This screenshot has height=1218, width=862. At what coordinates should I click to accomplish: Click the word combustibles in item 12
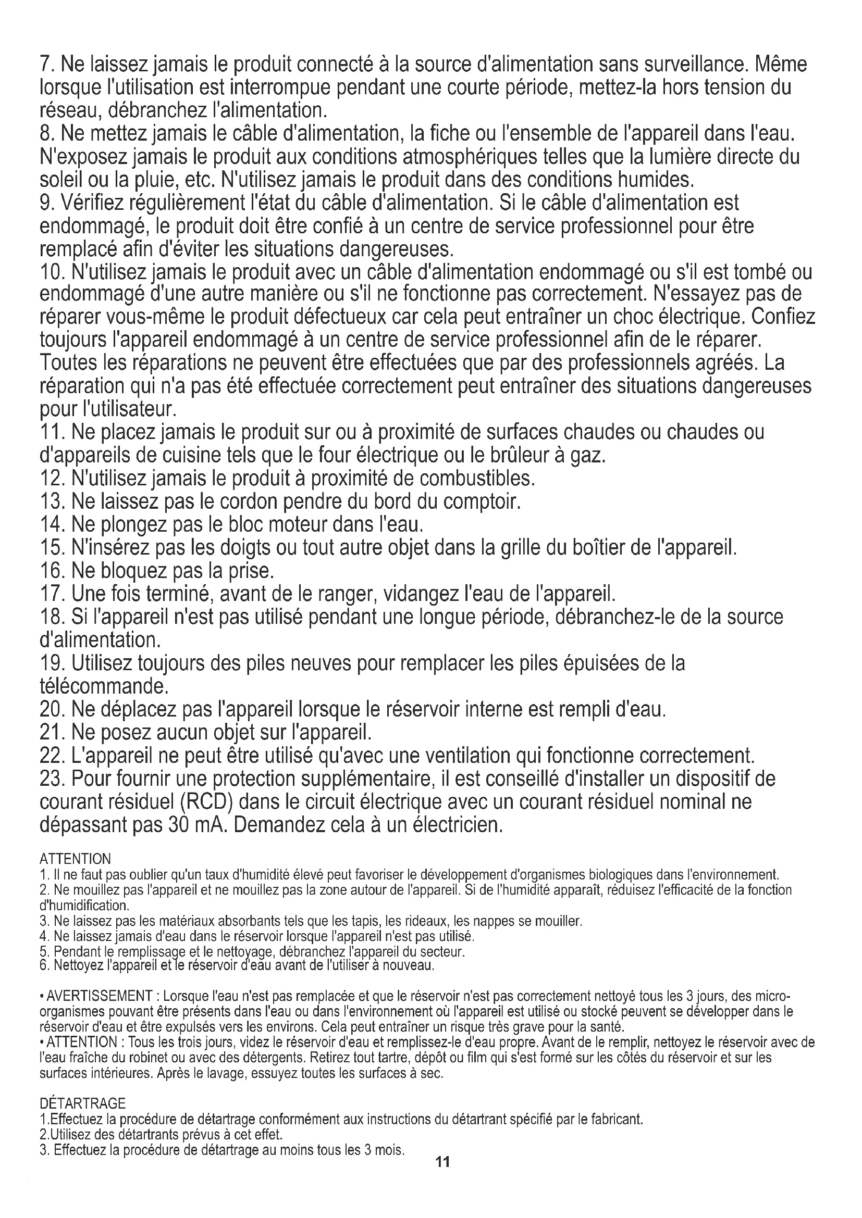477,479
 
